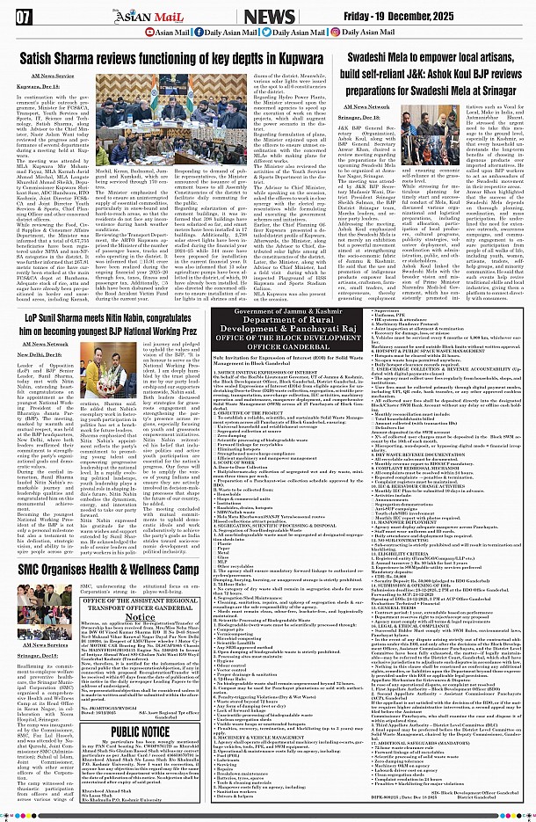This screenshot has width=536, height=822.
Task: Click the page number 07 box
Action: [x=24, y=16]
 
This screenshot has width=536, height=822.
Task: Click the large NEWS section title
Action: [x=270, y=16]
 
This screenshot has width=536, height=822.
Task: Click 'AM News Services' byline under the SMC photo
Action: [x=46, y=645]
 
